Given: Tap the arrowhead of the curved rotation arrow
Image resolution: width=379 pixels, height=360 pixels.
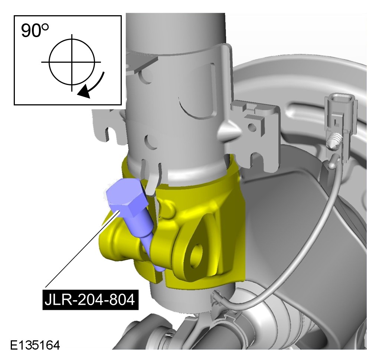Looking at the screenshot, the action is (x=85, y=92).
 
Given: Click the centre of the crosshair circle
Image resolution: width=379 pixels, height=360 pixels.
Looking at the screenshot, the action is (x=72, y=62).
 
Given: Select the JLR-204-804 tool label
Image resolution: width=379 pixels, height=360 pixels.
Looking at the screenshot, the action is (x=90, y=300).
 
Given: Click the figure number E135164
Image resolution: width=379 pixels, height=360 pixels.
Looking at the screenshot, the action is (x=35, y=345).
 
